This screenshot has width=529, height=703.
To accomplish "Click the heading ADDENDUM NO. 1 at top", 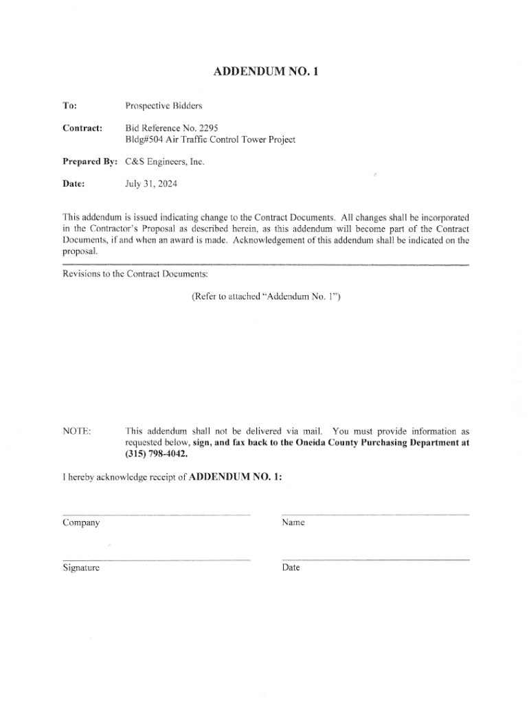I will pos(265,71).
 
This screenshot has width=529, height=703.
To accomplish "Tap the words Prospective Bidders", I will pos(164,106).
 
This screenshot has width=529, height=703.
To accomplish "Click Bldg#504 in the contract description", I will pos(144,139).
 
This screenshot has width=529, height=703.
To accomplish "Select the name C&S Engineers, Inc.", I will pos(165,162).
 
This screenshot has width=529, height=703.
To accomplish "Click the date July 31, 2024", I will pos(150,183).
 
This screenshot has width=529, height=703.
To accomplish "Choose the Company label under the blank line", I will pos(81,523).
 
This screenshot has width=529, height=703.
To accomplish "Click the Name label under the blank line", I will pos(293,523).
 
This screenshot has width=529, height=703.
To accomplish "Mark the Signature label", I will pos(81,568).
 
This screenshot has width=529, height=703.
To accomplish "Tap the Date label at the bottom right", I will pos(291,568).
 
